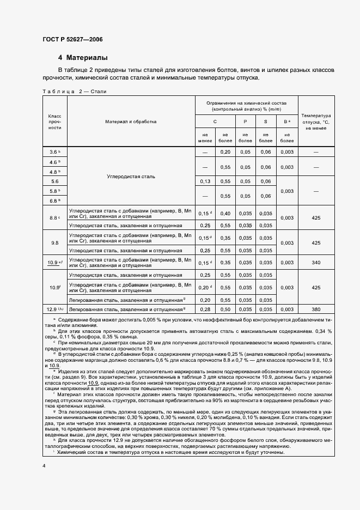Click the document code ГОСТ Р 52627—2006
click(72, 40)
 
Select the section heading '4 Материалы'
click(83, 58)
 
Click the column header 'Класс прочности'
click(54, 122)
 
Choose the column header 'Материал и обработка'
click(131, 122)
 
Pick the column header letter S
click(266, 122)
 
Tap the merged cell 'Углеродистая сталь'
click(131, 177)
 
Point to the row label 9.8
click(54, 242)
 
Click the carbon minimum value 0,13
click(205, 181)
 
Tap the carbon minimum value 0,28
click(205, 309)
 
